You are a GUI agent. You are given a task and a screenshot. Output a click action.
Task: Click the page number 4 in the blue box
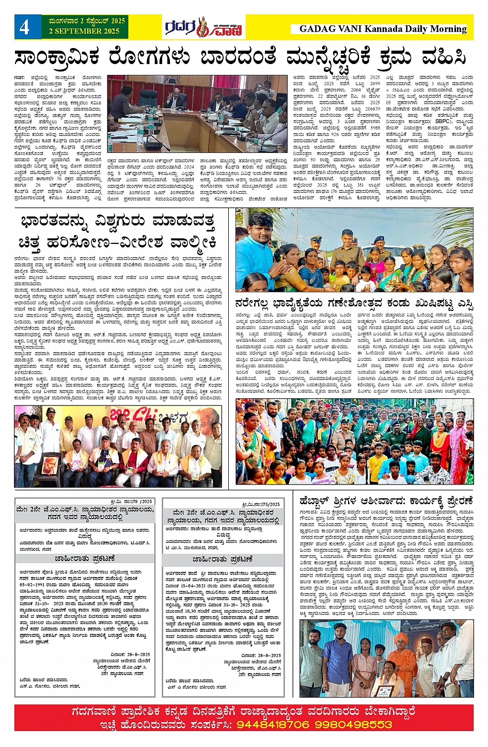coord(24,27)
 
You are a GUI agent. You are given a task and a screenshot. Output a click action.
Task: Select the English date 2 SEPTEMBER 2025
coord(84,31)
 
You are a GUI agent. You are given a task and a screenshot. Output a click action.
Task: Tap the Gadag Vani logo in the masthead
coord(203,27)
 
